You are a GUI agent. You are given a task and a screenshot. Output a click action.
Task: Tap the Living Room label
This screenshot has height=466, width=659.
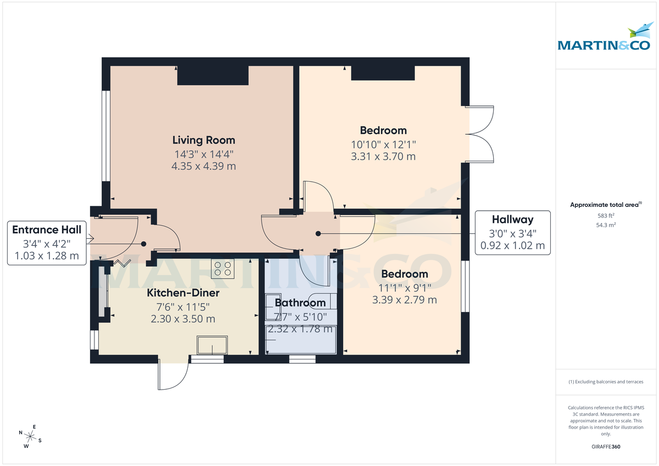point(204,140)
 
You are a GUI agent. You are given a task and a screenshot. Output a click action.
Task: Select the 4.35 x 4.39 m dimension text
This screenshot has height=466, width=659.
point(204,166)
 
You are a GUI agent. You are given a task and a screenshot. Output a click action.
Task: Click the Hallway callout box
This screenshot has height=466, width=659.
point(512,233)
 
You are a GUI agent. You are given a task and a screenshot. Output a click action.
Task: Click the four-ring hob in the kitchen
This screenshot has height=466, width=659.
point(223,268)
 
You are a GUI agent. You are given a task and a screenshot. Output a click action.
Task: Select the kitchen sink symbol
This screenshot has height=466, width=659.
point(213,346)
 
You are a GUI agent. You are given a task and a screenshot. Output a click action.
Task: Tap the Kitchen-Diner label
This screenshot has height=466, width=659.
point(183,293)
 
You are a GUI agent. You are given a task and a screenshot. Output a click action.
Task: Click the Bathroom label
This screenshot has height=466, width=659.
point(300,302)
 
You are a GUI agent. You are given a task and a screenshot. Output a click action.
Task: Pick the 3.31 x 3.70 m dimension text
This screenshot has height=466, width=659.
point(383,156)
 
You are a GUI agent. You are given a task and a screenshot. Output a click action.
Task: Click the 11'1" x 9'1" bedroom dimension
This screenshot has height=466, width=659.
point(405,287)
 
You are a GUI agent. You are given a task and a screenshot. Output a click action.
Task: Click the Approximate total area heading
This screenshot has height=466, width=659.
point(605,205)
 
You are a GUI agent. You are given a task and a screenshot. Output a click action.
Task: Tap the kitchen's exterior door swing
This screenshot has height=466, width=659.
point(172,374)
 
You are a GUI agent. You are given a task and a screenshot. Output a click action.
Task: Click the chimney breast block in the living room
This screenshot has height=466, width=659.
point(213,75)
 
